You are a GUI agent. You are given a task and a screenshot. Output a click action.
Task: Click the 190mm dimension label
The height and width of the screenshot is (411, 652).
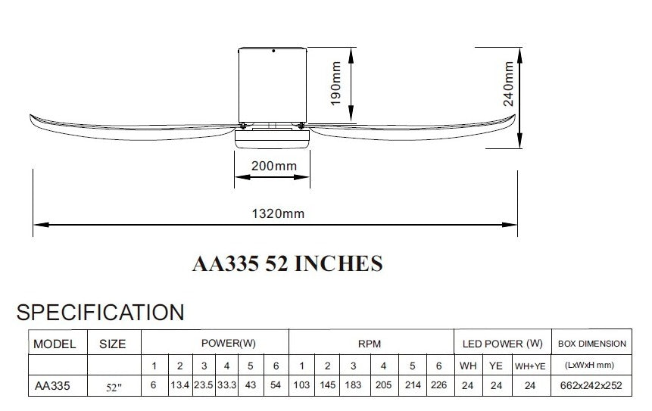[336, 83]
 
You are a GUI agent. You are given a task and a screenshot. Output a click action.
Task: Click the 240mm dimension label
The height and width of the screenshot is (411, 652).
[508, 83]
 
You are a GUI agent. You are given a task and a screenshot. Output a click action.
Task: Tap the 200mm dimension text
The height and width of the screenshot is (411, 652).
[274, 166]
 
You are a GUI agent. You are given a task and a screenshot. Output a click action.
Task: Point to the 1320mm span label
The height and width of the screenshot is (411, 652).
[278, 213]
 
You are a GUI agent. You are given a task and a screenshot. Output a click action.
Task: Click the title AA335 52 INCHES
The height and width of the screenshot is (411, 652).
[287, 263]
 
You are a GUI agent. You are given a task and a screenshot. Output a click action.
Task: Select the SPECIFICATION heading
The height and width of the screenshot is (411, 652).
[100, 313]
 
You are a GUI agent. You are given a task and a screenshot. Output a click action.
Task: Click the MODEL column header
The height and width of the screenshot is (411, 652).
[55, 344]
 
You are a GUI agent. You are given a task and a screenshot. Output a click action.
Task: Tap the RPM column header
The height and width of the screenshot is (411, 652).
[370, 344]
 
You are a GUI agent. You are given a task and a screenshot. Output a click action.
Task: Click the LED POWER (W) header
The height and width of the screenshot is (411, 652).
[503, 344]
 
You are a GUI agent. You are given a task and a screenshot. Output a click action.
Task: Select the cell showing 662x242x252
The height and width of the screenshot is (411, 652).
[591, 385]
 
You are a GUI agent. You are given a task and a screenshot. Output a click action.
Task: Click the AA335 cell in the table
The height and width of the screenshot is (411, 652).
[52, 386]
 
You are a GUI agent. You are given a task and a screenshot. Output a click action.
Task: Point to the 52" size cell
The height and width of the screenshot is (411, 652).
[114, 388]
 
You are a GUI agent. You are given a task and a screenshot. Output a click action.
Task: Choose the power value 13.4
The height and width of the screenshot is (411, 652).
[180, 385]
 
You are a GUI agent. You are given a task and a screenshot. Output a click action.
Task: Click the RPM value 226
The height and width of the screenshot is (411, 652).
[438, 385]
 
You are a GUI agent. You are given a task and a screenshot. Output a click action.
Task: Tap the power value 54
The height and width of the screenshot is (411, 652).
[276, 385]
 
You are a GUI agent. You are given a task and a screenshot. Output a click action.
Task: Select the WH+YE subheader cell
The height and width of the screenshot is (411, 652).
[530, 366]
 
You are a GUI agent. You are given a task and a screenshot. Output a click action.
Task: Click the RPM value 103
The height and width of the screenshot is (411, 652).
[301, 385]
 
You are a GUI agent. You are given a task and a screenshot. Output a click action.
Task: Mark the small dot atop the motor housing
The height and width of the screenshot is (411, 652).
[273, 51]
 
